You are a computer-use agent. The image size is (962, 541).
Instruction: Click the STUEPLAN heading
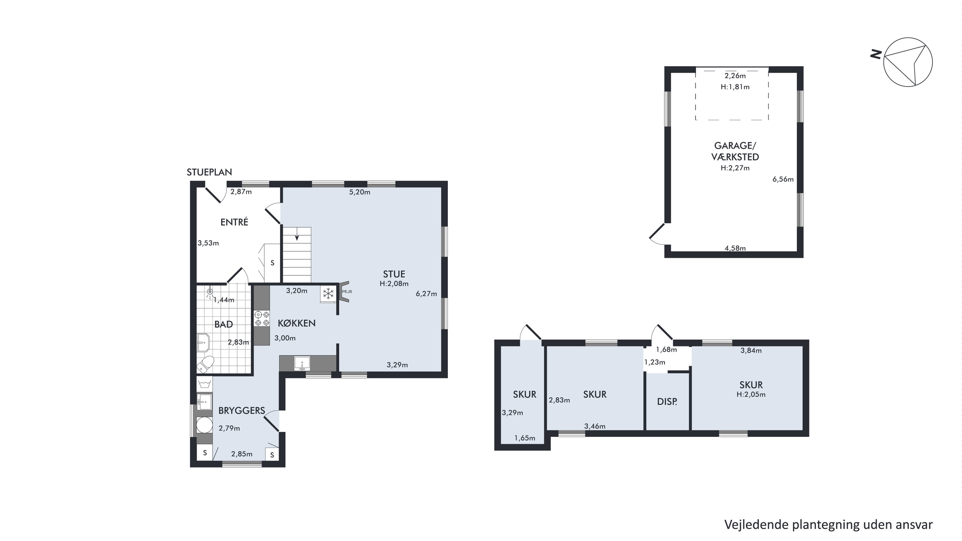[x=209, y=172]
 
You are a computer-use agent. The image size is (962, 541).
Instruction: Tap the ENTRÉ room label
[x=234, y=222]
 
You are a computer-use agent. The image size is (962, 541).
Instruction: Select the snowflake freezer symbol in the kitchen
[x=328, y=294]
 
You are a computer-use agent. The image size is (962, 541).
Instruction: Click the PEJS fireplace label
[x=347, y=291]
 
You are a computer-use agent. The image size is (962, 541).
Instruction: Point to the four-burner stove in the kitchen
[x=262, y=318]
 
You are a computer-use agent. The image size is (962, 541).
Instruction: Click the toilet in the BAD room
[x=205, y=364]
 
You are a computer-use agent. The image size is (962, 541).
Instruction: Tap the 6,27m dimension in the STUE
[x=426, y=294]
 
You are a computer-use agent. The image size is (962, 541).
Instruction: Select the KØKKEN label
[x=296, y=323]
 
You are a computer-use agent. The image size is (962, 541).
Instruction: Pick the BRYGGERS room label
[x=242, y=411]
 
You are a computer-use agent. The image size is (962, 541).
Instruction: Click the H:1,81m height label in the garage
[x=735, y=87]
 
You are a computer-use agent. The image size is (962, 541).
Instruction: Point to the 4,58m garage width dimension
[x=735, y=248]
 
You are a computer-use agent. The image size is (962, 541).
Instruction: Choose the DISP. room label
[x=667, y=402]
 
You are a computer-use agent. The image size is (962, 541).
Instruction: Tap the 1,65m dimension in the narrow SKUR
[x=525, y=438]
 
